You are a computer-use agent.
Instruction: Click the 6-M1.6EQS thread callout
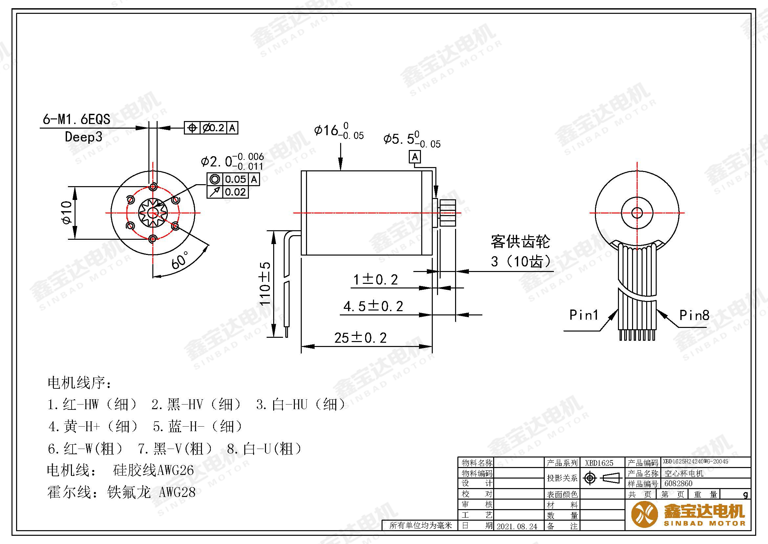coord(76,119)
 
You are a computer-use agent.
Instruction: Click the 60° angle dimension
coord(180,260)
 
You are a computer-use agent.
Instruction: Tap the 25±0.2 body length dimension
coord(360,338)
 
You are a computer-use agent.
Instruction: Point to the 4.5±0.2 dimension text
coord(373,306)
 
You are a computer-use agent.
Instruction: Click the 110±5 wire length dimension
coord(265,284)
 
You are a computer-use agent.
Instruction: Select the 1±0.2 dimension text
coord(376,280)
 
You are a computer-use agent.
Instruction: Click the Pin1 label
coord(584,315)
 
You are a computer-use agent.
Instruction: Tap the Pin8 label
coord(694,315)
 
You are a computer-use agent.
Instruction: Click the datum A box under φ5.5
coord(415,157)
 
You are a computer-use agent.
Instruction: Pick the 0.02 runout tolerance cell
coord(235,192)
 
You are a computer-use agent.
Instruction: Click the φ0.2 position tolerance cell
coord(214,128)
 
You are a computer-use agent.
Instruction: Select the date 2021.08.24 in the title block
coord(517,526)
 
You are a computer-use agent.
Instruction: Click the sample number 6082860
coord(678,483)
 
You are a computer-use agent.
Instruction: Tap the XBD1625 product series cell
coord(599,463)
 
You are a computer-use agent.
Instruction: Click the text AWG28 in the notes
coord(177,492)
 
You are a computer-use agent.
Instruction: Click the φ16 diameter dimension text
coord(338,131)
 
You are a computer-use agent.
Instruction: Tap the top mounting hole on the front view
coord(153,186)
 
